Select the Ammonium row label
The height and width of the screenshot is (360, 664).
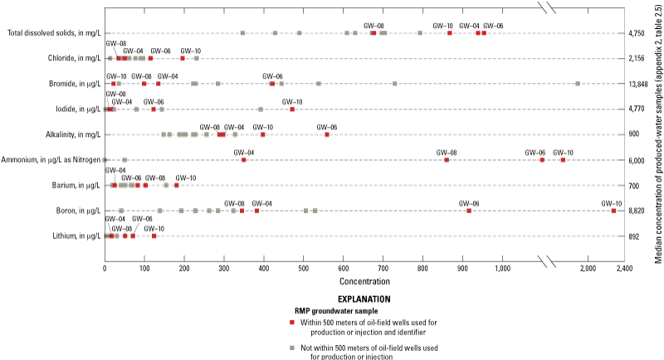(51, 159)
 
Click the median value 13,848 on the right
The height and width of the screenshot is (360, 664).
(638, 84)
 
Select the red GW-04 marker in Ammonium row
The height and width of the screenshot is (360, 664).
(243, 159)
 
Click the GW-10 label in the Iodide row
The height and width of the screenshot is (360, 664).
(292, 102)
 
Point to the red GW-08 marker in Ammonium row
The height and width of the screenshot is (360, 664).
(447, 159)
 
